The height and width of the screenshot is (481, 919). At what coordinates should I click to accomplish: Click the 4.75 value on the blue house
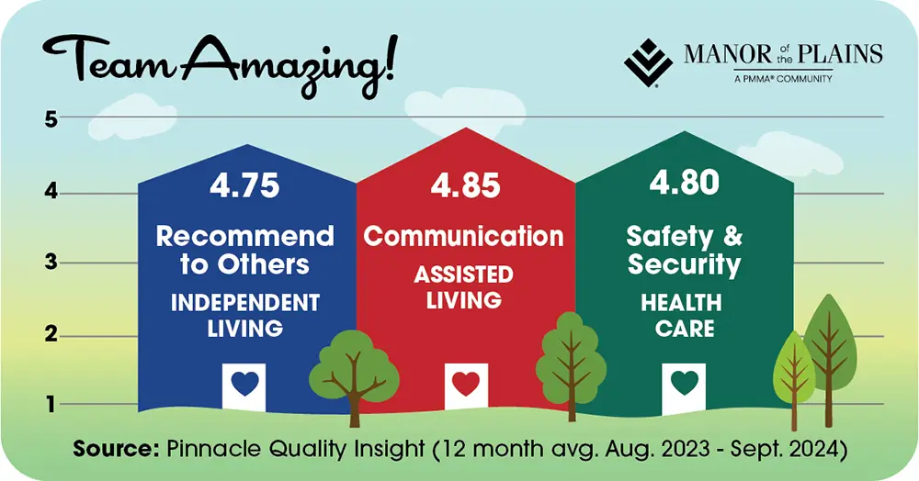[244, 186]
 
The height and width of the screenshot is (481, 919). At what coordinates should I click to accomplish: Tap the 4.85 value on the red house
[465, 186]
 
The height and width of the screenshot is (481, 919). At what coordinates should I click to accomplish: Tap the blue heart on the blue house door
[244, 383]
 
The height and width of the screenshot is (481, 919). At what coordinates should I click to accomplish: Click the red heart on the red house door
[465, 383]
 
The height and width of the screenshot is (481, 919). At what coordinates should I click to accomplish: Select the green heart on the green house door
[683, 382]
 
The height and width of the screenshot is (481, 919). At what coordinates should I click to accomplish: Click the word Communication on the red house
[464, 236]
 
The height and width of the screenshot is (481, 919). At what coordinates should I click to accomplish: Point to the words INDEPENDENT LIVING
[244, 315]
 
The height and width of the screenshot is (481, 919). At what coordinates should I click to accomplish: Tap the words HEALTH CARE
[684, 315]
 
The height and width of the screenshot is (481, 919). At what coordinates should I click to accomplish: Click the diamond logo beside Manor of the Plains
[649, 61]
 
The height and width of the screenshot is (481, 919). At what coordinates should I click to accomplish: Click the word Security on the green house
[684, 265]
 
